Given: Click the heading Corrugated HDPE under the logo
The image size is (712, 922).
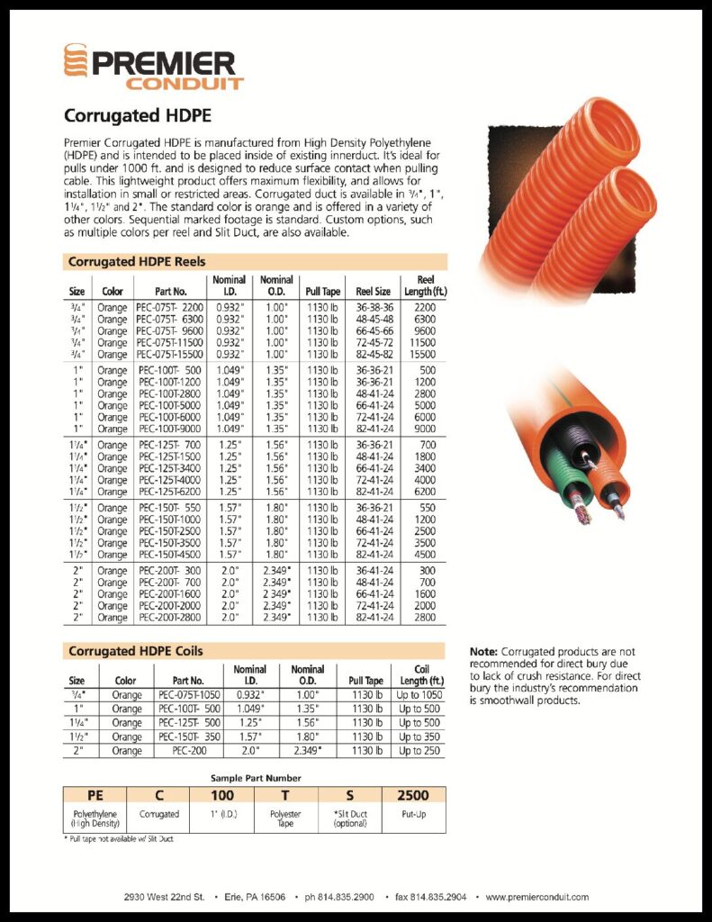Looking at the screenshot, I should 137,116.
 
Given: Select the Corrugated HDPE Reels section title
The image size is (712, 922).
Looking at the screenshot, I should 135,261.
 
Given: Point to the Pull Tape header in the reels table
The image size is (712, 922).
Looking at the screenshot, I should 322,291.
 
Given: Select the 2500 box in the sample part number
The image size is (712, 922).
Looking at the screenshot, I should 413,795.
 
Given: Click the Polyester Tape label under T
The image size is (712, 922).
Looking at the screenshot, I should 286,818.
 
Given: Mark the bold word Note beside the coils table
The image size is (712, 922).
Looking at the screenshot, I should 484,651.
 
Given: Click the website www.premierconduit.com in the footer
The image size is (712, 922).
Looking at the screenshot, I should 537,897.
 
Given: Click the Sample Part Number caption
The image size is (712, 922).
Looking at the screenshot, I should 256,777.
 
